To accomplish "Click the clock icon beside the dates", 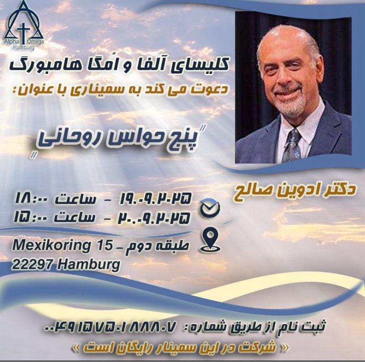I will click(209, 209).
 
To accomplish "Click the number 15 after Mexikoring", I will click(104, 245).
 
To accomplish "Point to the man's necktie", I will click(291, 145).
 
